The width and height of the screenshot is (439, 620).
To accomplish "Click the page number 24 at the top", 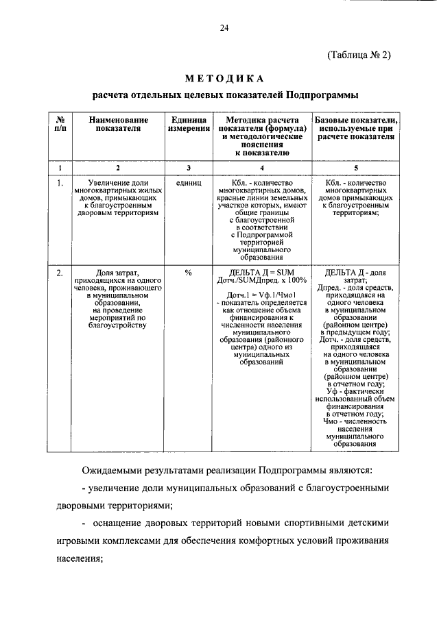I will point(224,27).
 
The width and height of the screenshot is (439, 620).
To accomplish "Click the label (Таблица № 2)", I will point(359,55).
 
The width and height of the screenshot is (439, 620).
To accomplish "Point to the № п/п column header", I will point(60,125).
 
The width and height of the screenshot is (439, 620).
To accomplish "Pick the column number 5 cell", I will point(355,168).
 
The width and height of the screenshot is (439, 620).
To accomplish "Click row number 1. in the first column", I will point(60,184).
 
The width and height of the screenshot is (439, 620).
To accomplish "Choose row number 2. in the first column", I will point(60,273).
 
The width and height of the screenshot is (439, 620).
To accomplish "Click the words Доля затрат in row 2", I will point(118,273).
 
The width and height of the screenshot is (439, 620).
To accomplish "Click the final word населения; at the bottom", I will point(80,558).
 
